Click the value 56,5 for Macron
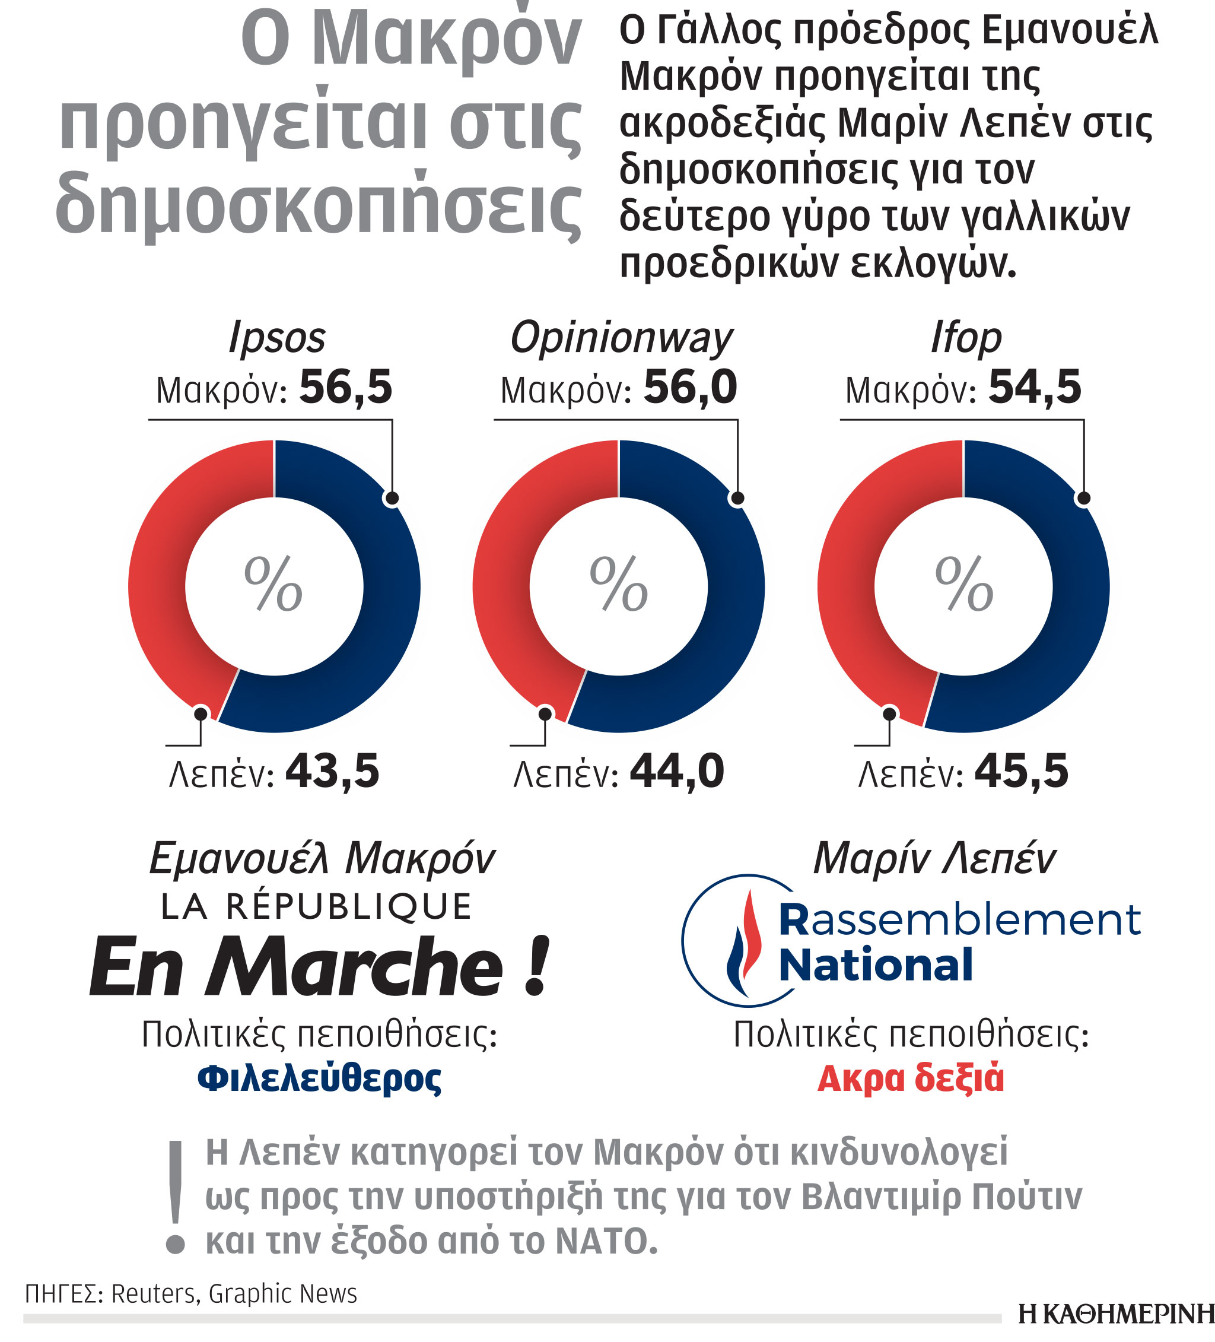[345, 388]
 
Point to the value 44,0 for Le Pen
[676, 772]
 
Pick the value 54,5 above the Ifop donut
[1034, 388]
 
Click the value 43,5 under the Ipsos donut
[332, 772]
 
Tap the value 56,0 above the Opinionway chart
[690, 388]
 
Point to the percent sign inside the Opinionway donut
[618, 584]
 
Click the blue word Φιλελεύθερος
[319, 1078]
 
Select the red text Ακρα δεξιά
[909, 1078]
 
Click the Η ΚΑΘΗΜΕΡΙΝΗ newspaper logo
[1115, 1314]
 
